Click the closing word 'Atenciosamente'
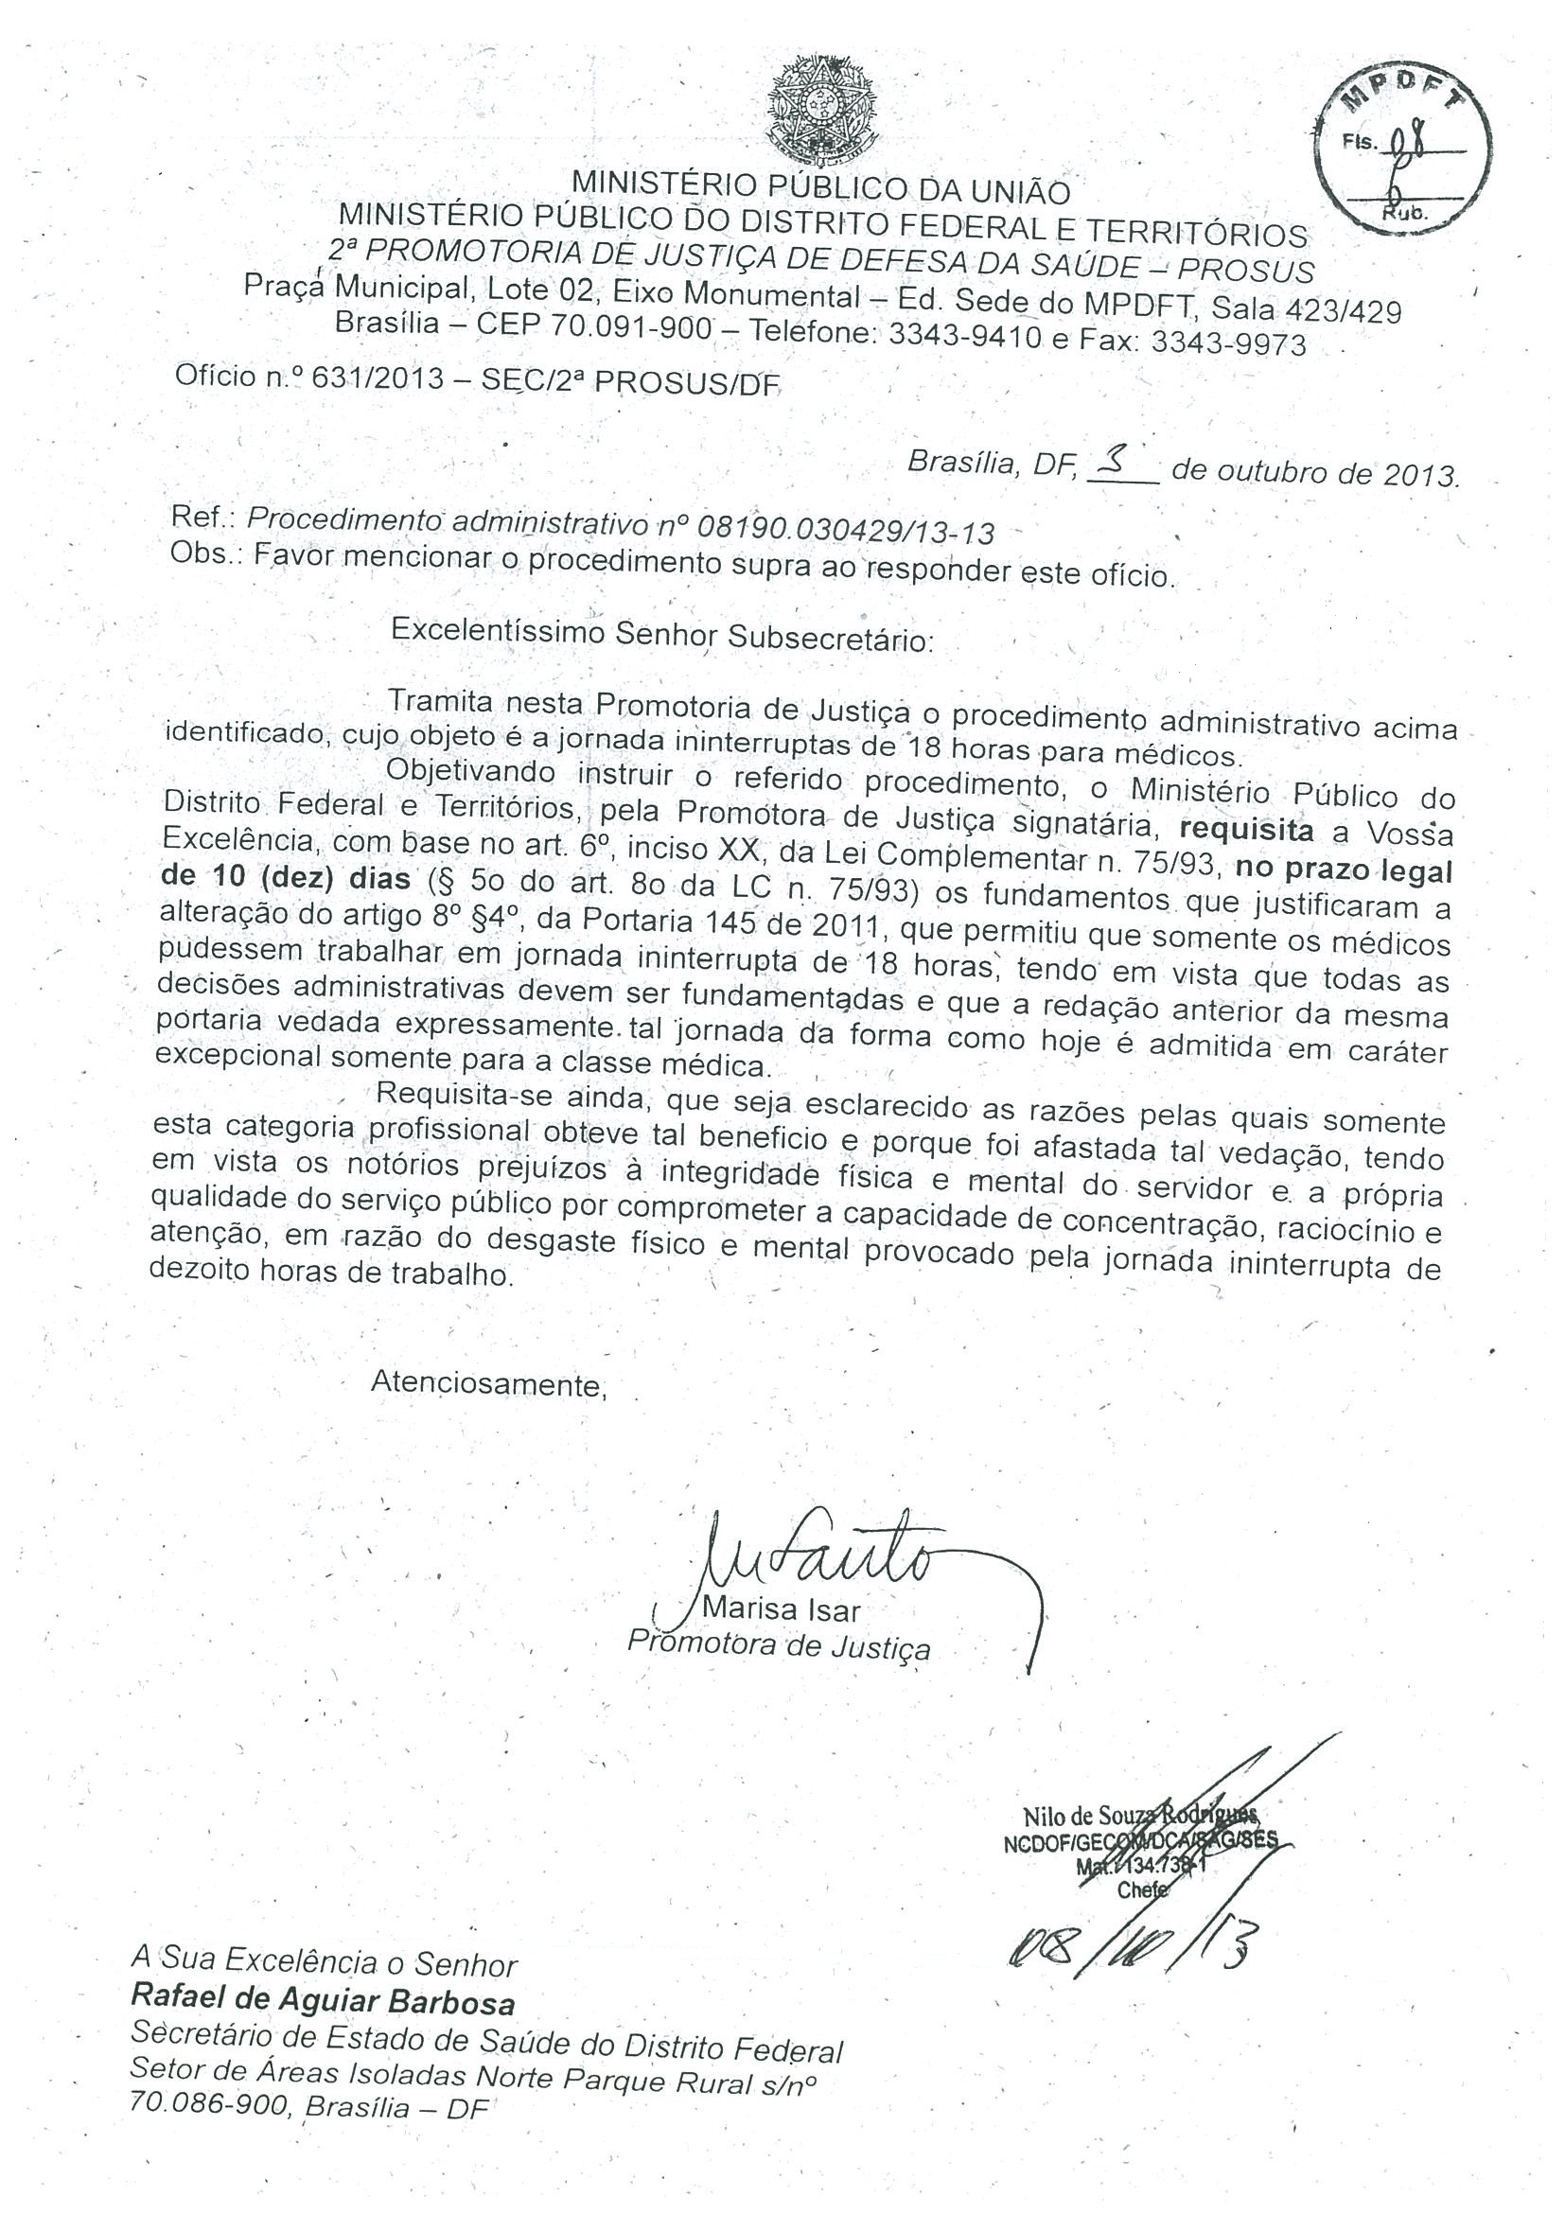488,1386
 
